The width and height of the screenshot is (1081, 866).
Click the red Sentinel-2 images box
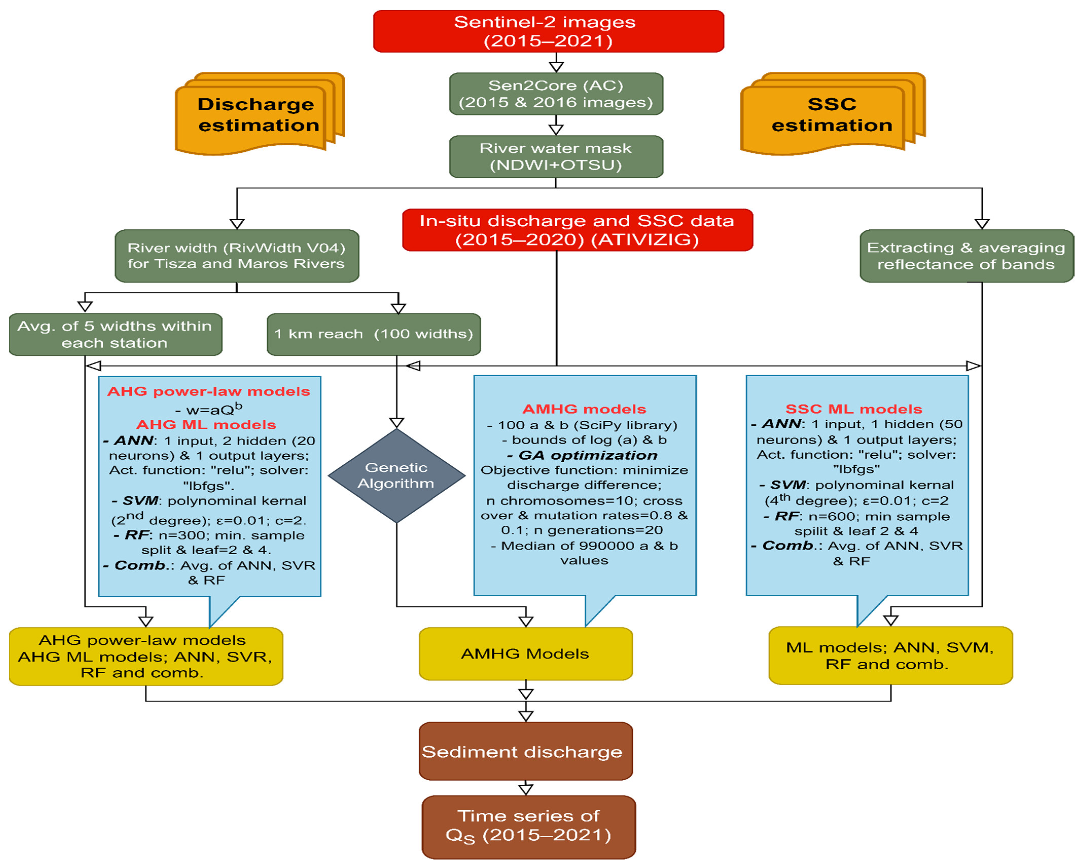click(548, 31)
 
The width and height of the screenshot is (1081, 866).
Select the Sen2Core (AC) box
click(556, 94)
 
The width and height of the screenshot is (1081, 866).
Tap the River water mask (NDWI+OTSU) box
click(556, 156)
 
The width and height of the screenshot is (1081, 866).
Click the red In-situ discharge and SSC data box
click(578, 230)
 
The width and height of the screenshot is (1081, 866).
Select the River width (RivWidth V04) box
click(237, 255)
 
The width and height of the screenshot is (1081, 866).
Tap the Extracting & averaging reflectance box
click(966, 255)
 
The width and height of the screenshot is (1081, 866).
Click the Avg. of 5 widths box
click(115, 334)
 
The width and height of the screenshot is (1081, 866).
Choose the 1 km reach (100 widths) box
click(374, 334)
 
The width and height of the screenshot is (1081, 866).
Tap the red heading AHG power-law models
click(209, 391)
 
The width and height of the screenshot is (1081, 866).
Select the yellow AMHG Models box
click(525, 654)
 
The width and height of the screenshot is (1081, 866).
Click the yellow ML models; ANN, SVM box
click(891, 655)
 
